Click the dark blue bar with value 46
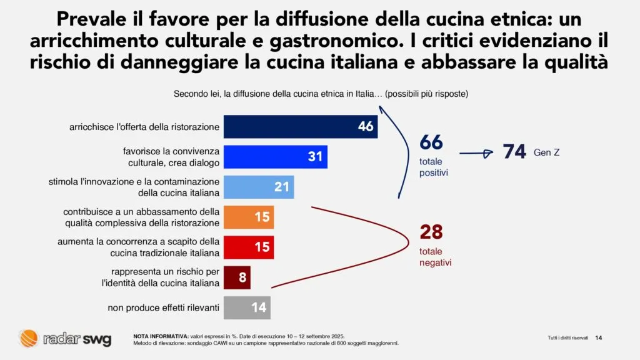[301, 127]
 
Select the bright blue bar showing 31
[275, 157]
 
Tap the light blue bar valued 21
[259, 187]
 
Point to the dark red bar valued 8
[237, 277]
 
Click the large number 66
[431, 142]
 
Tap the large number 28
[431, 232]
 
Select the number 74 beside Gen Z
[514, 152]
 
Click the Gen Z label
[546, 152]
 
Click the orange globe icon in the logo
[29, 339]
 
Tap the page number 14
[598, 338]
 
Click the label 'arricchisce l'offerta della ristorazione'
[144, 127]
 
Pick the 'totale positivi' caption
[433, 167]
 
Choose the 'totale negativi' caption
[435, 257]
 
